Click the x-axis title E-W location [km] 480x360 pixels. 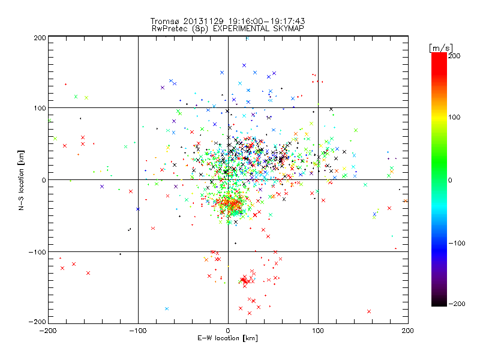227,338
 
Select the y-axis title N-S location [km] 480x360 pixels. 22,179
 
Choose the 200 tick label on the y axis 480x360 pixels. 40,37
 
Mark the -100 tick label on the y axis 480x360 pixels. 38,252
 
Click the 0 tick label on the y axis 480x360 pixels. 44,180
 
